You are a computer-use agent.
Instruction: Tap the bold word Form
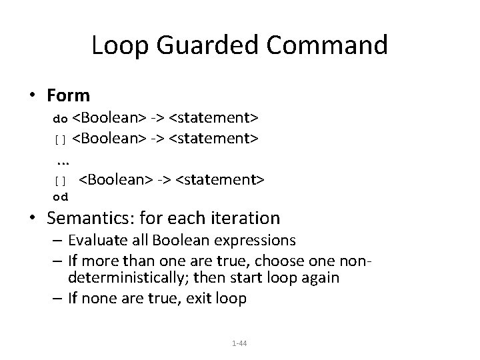(69, 96)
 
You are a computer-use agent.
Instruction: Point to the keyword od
(60, 197)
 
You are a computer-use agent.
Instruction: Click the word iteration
(243, 218)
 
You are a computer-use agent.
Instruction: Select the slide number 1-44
(239, 343)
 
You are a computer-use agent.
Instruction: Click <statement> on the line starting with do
(214, 119)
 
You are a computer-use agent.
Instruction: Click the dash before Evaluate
(60, 239)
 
